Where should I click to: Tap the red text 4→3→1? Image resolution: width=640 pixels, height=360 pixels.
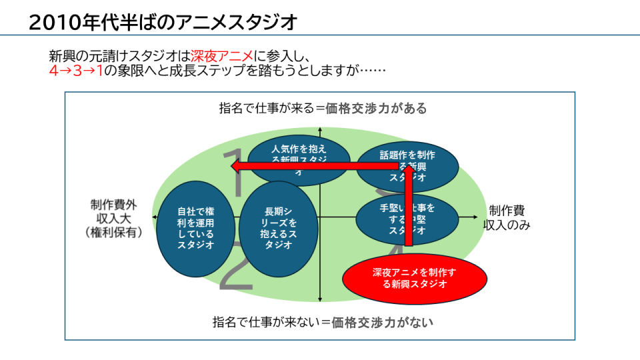(76, 71)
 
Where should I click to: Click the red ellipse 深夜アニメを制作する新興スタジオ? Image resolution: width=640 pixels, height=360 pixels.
(414, 278)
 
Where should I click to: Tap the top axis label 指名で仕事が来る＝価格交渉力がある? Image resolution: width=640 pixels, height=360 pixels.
(323, 108)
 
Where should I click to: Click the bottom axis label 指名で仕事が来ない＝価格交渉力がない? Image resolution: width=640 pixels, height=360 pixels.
(323, 323)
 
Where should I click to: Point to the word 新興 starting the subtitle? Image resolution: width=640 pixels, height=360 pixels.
(63, 56)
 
